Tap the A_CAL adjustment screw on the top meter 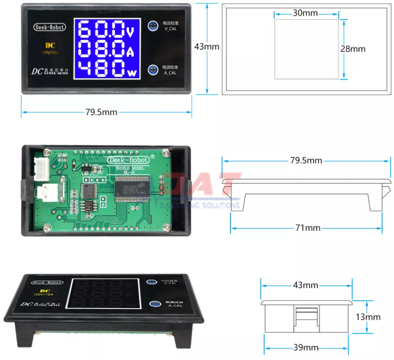tap(154, 69)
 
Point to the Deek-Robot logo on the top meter tap(50, 28)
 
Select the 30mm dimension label tap(305, 13)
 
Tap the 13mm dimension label tap(368, 317)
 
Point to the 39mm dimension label tap(306, 347)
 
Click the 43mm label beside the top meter tap(206, 47)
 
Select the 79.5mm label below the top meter tap(101, 112)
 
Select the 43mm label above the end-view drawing tap(306, 285)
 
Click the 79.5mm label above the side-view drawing tap(306, 160)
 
